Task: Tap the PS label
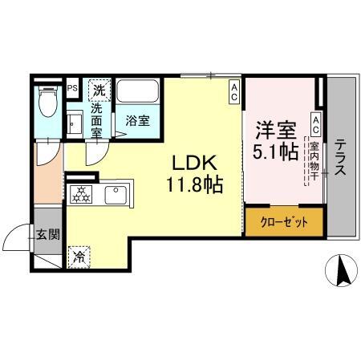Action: tap(72, 88)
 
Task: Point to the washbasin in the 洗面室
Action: tap(75, 123)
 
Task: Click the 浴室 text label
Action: tap(137, 121)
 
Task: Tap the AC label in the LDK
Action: tap(234, 93)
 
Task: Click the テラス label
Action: tap(341, 156)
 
